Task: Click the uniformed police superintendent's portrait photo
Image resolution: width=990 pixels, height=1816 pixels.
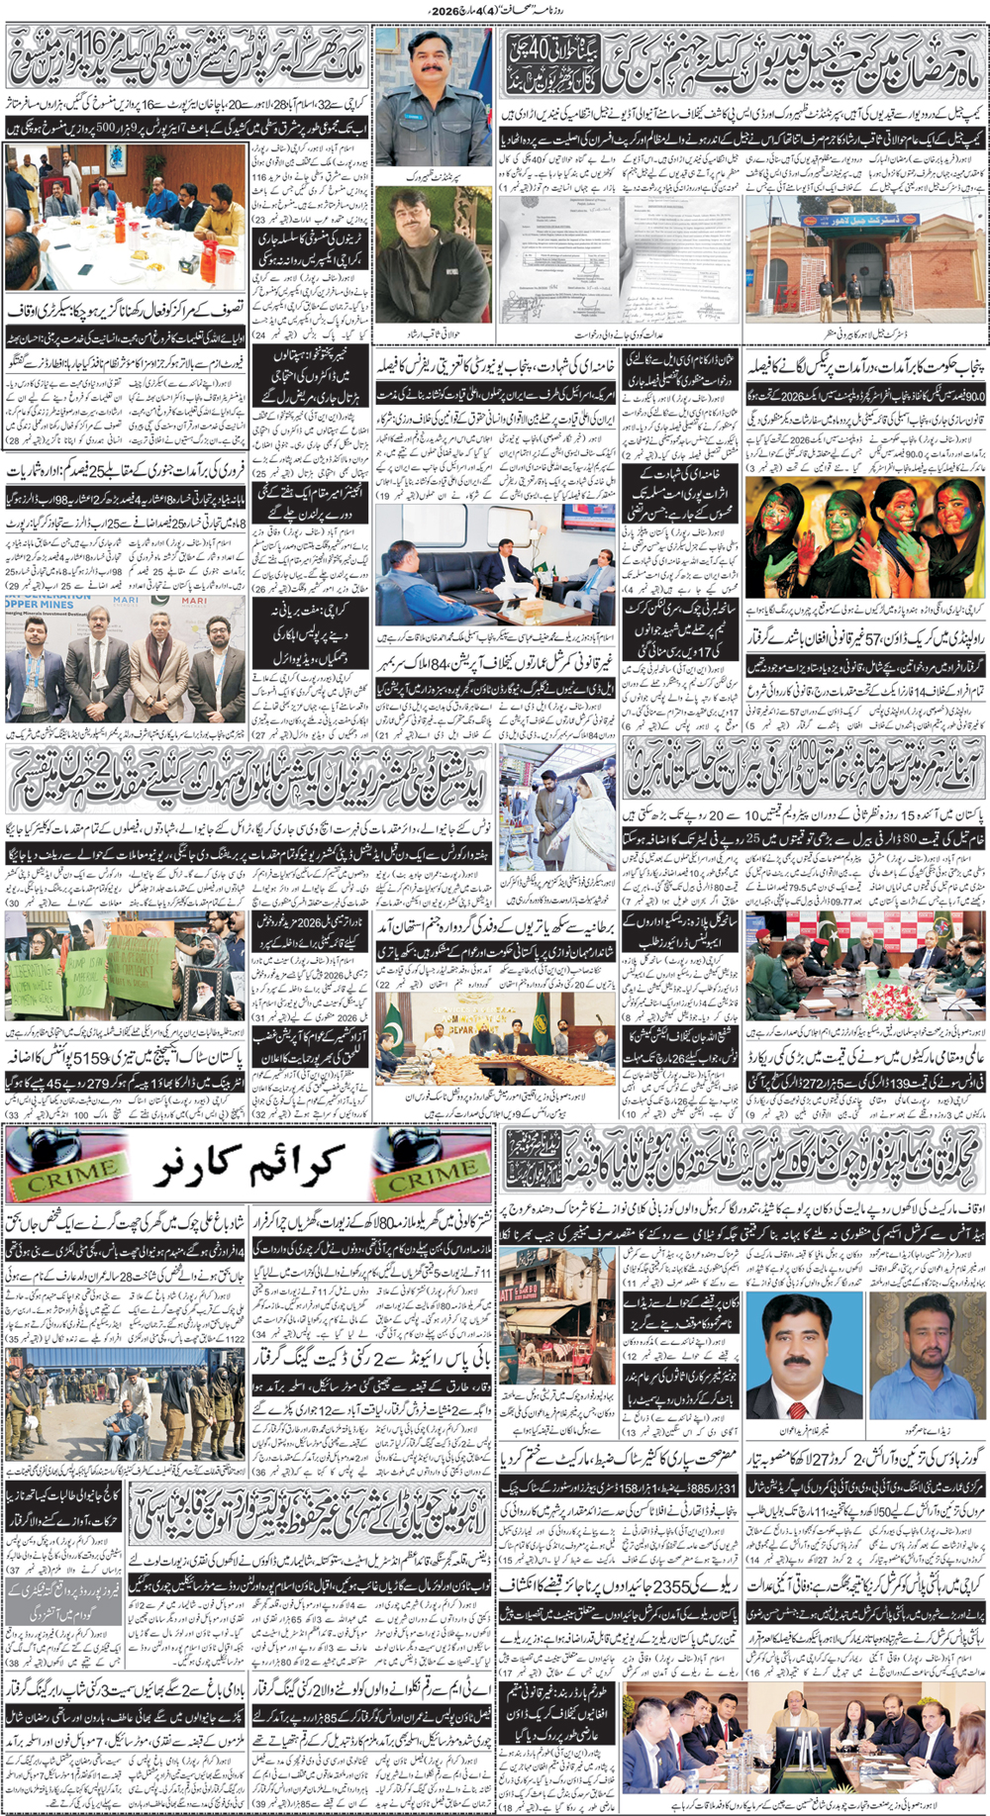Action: (433, 96)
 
